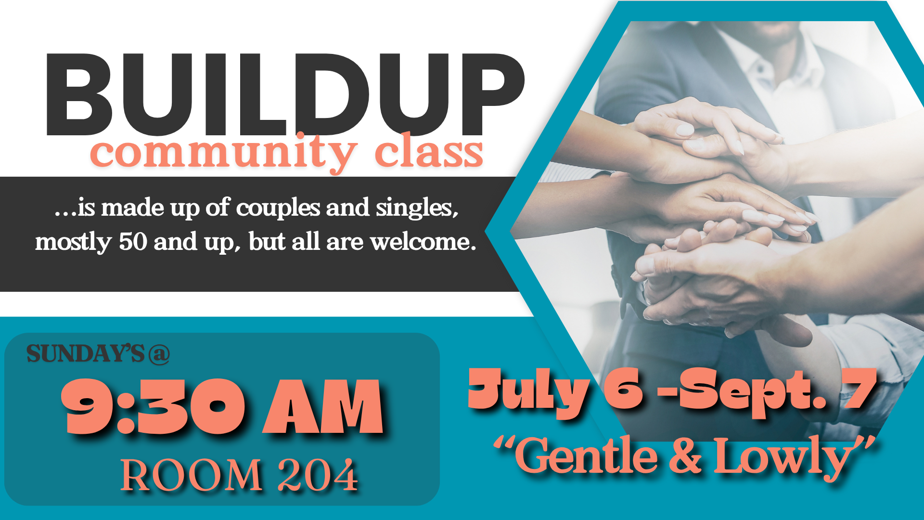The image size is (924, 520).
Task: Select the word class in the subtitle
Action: tap(429, 151)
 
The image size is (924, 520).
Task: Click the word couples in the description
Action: tap(278, 208)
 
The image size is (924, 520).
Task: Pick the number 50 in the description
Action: tap(133, 242)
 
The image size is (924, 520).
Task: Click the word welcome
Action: tap(423, 242)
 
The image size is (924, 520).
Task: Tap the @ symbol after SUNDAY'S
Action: tap(159, 354)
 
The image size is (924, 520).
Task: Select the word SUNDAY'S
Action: tap(85, 354)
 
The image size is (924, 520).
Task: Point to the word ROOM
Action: tap(191, 476)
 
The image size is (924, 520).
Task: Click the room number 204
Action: tap(318, 476)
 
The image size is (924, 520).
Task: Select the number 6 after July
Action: tap(623, 389)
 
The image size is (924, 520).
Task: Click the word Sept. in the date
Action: tap(753, 391)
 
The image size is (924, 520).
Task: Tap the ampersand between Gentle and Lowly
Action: tap(685, 456)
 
